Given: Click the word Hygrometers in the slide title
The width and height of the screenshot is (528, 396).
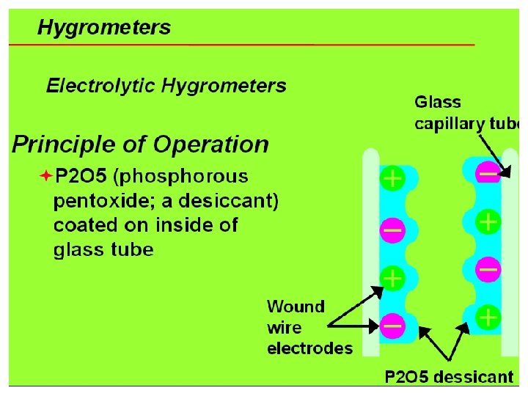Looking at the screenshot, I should pyautogui.click(x=103, y=29).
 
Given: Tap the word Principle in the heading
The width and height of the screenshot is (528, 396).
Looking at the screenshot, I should pyautogui.click(x=58, y=144).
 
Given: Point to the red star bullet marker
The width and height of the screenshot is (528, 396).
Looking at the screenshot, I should pyautogui.click(x=45, y=177).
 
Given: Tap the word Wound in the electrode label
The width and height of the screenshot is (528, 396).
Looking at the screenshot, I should pyautogui.click(x=296, y=306).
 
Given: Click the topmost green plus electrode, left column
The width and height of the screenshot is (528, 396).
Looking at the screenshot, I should pyautogui.click(x=392, y=179).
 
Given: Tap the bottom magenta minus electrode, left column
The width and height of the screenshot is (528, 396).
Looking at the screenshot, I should pyautogui.click(x=392, y=323).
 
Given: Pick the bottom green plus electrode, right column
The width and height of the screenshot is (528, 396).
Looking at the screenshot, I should pyautogui.click(x=488, y=318).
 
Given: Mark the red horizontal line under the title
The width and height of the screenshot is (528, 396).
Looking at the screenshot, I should pyautogui.click(x=242, y=45).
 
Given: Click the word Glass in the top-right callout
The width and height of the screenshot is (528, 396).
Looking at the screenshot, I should pyautogui.click(x=438, y=103).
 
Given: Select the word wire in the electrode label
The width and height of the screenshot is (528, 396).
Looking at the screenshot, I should pyautogui.click(x=284, y=327).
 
